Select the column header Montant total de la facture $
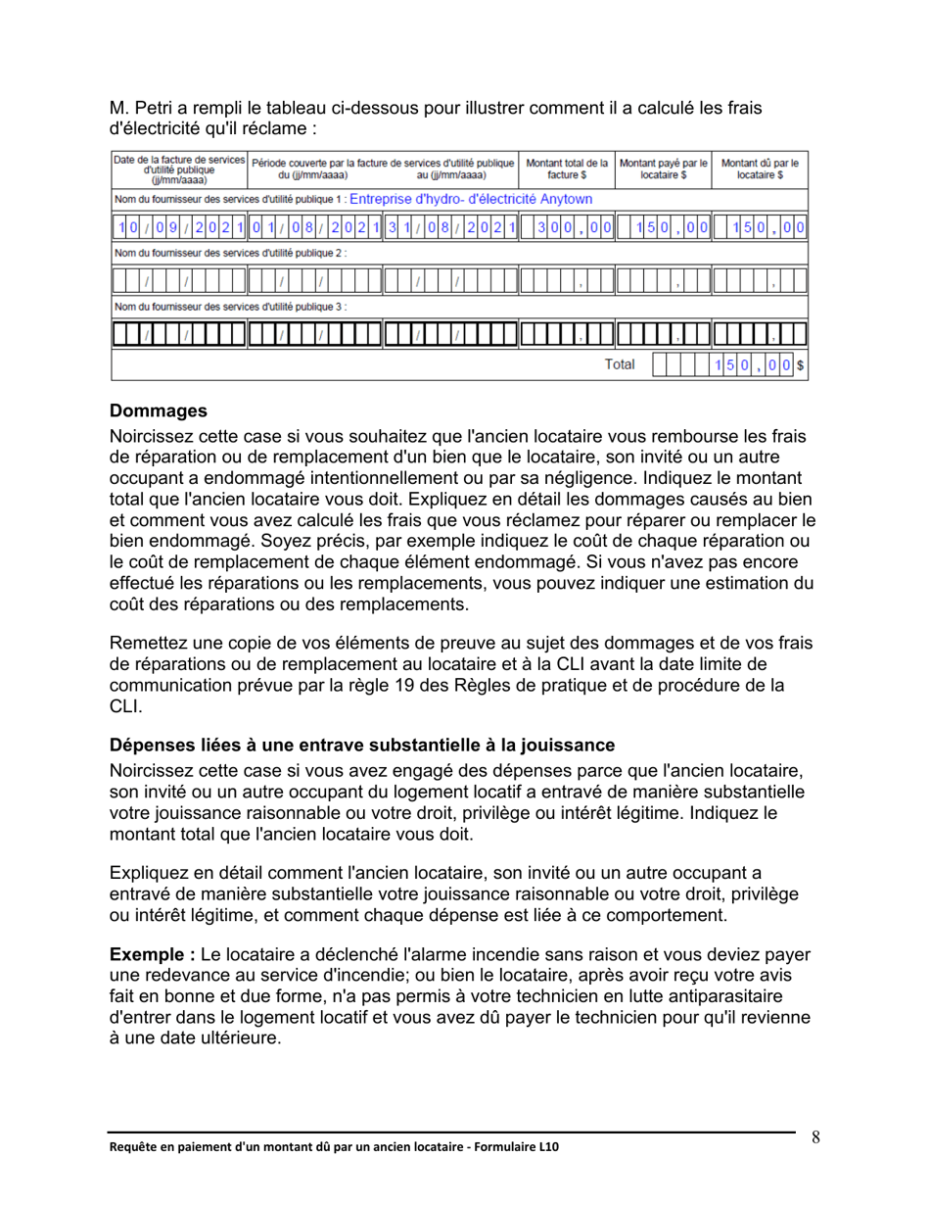pyautogui.click(x=567, y=168)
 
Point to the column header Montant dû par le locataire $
pyautogui.click(x=760, y=168)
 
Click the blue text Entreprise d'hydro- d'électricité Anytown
pyautogui.click(x=470, y=198)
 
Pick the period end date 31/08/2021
pyautogui.click(x=448, y=227)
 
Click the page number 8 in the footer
pyautogui.click(x=815, y=1136)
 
